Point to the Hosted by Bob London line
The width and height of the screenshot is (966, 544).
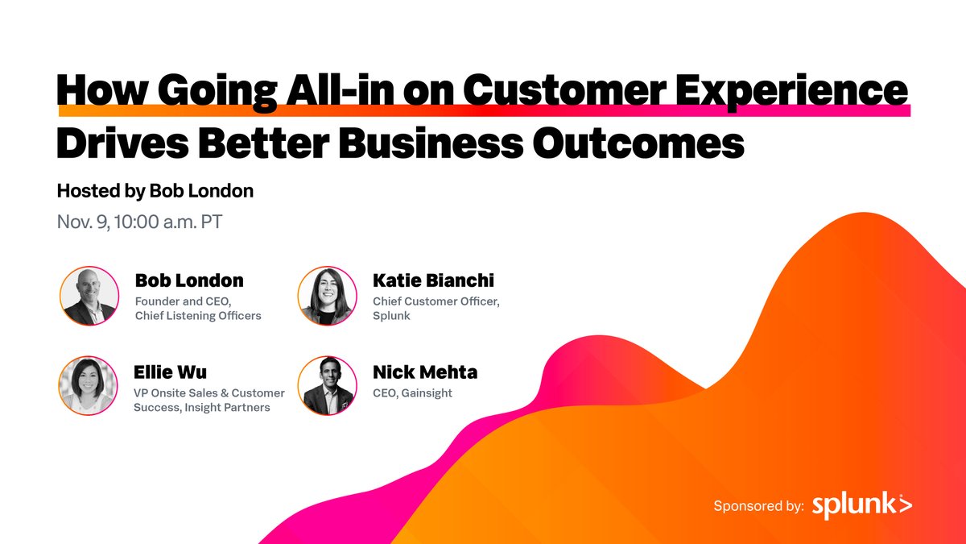[155, 191]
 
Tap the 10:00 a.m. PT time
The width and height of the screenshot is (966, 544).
[171, 222]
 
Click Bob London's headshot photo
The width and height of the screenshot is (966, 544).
[89, 296]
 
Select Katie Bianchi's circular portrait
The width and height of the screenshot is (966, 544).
[326, 296]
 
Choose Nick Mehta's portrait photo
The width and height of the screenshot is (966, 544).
[326, 385]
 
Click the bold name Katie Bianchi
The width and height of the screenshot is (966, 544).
[433, 280]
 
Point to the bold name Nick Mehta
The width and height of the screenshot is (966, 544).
[424, 372]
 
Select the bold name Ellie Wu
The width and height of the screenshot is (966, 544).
[170, 372]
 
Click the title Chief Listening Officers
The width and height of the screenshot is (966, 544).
[198, 316]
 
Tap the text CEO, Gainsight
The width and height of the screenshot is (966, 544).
[412, 393]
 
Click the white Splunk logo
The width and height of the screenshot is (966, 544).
[862, 505]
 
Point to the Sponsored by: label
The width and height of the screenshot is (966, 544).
[758, 506]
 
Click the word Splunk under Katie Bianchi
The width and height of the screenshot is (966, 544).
[391, 316]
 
